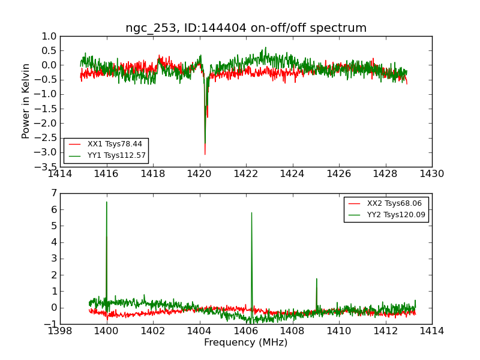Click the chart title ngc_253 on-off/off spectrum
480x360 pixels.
click(x=246, y=28)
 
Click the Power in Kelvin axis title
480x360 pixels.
click(x=26, y=101)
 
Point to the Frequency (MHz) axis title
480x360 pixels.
click(x=246, y=343)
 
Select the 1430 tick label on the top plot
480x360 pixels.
click(x=431, y=174)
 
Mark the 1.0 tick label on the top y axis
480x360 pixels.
click(x=49, y=36)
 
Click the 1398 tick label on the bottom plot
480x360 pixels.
click(x=60, y=331)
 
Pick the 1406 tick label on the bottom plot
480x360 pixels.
click(x=245, y=331)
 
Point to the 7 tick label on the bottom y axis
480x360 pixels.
click(x=53, y=193)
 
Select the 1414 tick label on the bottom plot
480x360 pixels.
click(x=431, y=331)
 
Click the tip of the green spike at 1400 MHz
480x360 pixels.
click(x=107, y=202)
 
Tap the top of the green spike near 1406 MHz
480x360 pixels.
click(x=251, y=212)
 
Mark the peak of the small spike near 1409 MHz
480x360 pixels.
click(x=316, y=278)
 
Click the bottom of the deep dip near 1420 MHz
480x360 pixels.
click(x=205, y=154)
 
